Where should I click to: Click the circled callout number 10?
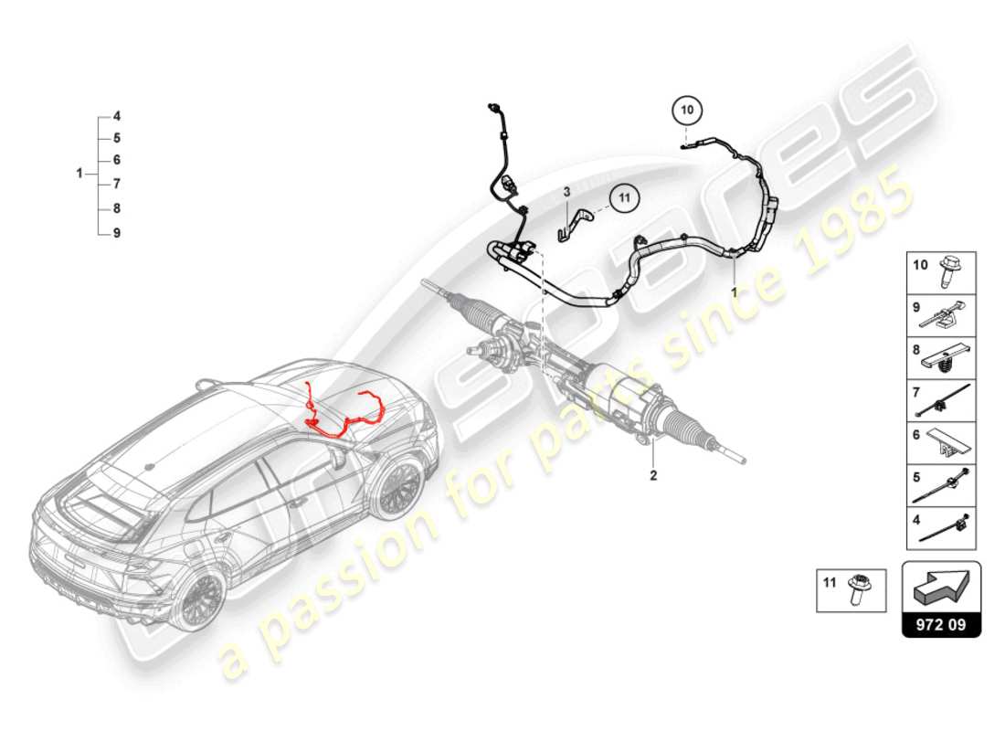688,111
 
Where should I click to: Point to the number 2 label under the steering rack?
653,475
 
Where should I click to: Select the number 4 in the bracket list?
117,117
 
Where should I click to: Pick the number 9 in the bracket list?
117,233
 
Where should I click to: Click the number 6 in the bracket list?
117,160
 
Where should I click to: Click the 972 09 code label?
941,627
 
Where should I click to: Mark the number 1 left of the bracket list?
79,173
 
